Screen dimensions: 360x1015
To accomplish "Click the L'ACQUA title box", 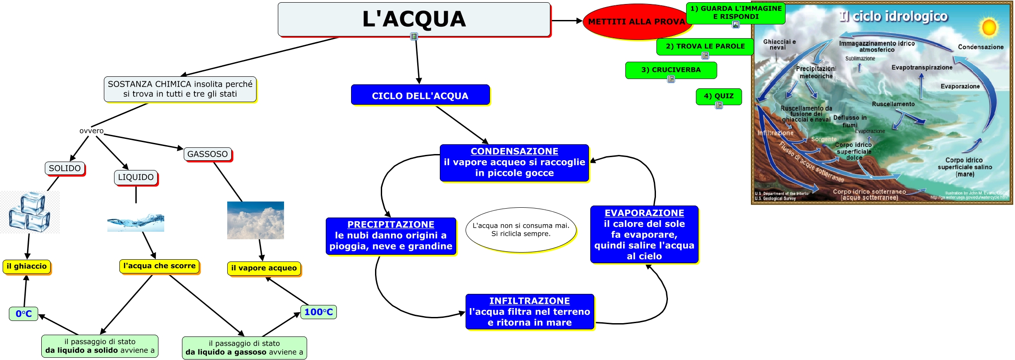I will (414, 20).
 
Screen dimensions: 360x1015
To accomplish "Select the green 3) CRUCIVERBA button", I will (671, 70).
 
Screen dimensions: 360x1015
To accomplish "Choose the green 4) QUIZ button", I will (719, 96).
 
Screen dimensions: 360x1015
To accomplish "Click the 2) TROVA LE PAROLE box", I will (705, 46).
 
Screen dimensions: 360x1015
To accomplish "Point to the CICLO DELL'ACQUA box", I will (420, 95).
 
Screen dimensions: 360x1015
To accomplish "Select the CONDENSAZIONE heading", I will (514, 151).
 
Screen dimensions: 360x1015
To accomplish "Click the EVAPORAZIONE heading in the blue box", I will (644, 213).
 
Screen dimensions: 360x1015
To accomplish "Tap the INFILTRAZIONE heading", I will (529, 301).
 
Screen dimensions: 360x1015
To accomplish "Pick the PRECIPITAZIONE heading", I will (391, 225).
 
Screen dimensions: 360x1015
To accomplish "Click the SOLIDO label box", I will (65, 168).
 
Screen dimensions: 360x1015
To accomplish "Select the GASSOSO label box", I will (207, 154).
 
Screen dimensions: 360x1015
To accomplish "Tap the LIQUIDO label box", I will (136, 177).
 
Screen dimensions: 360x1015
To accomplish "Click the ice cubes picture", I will (30, 212).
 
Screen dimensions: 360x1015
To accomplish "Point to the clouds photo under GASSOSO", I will (255, 221).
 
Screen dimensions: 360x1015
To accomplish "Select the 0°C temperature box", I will (24, 314).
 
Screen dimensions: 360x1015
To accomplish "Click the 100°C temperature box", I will (318, 312).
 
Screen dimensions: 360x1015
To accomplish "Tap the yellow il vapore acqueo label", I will (264, 268).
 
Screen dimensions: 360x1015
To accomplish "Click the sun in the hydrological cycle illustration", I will (989, 28).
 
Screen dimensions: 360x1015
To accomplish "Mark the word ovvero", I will (91, 131).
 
